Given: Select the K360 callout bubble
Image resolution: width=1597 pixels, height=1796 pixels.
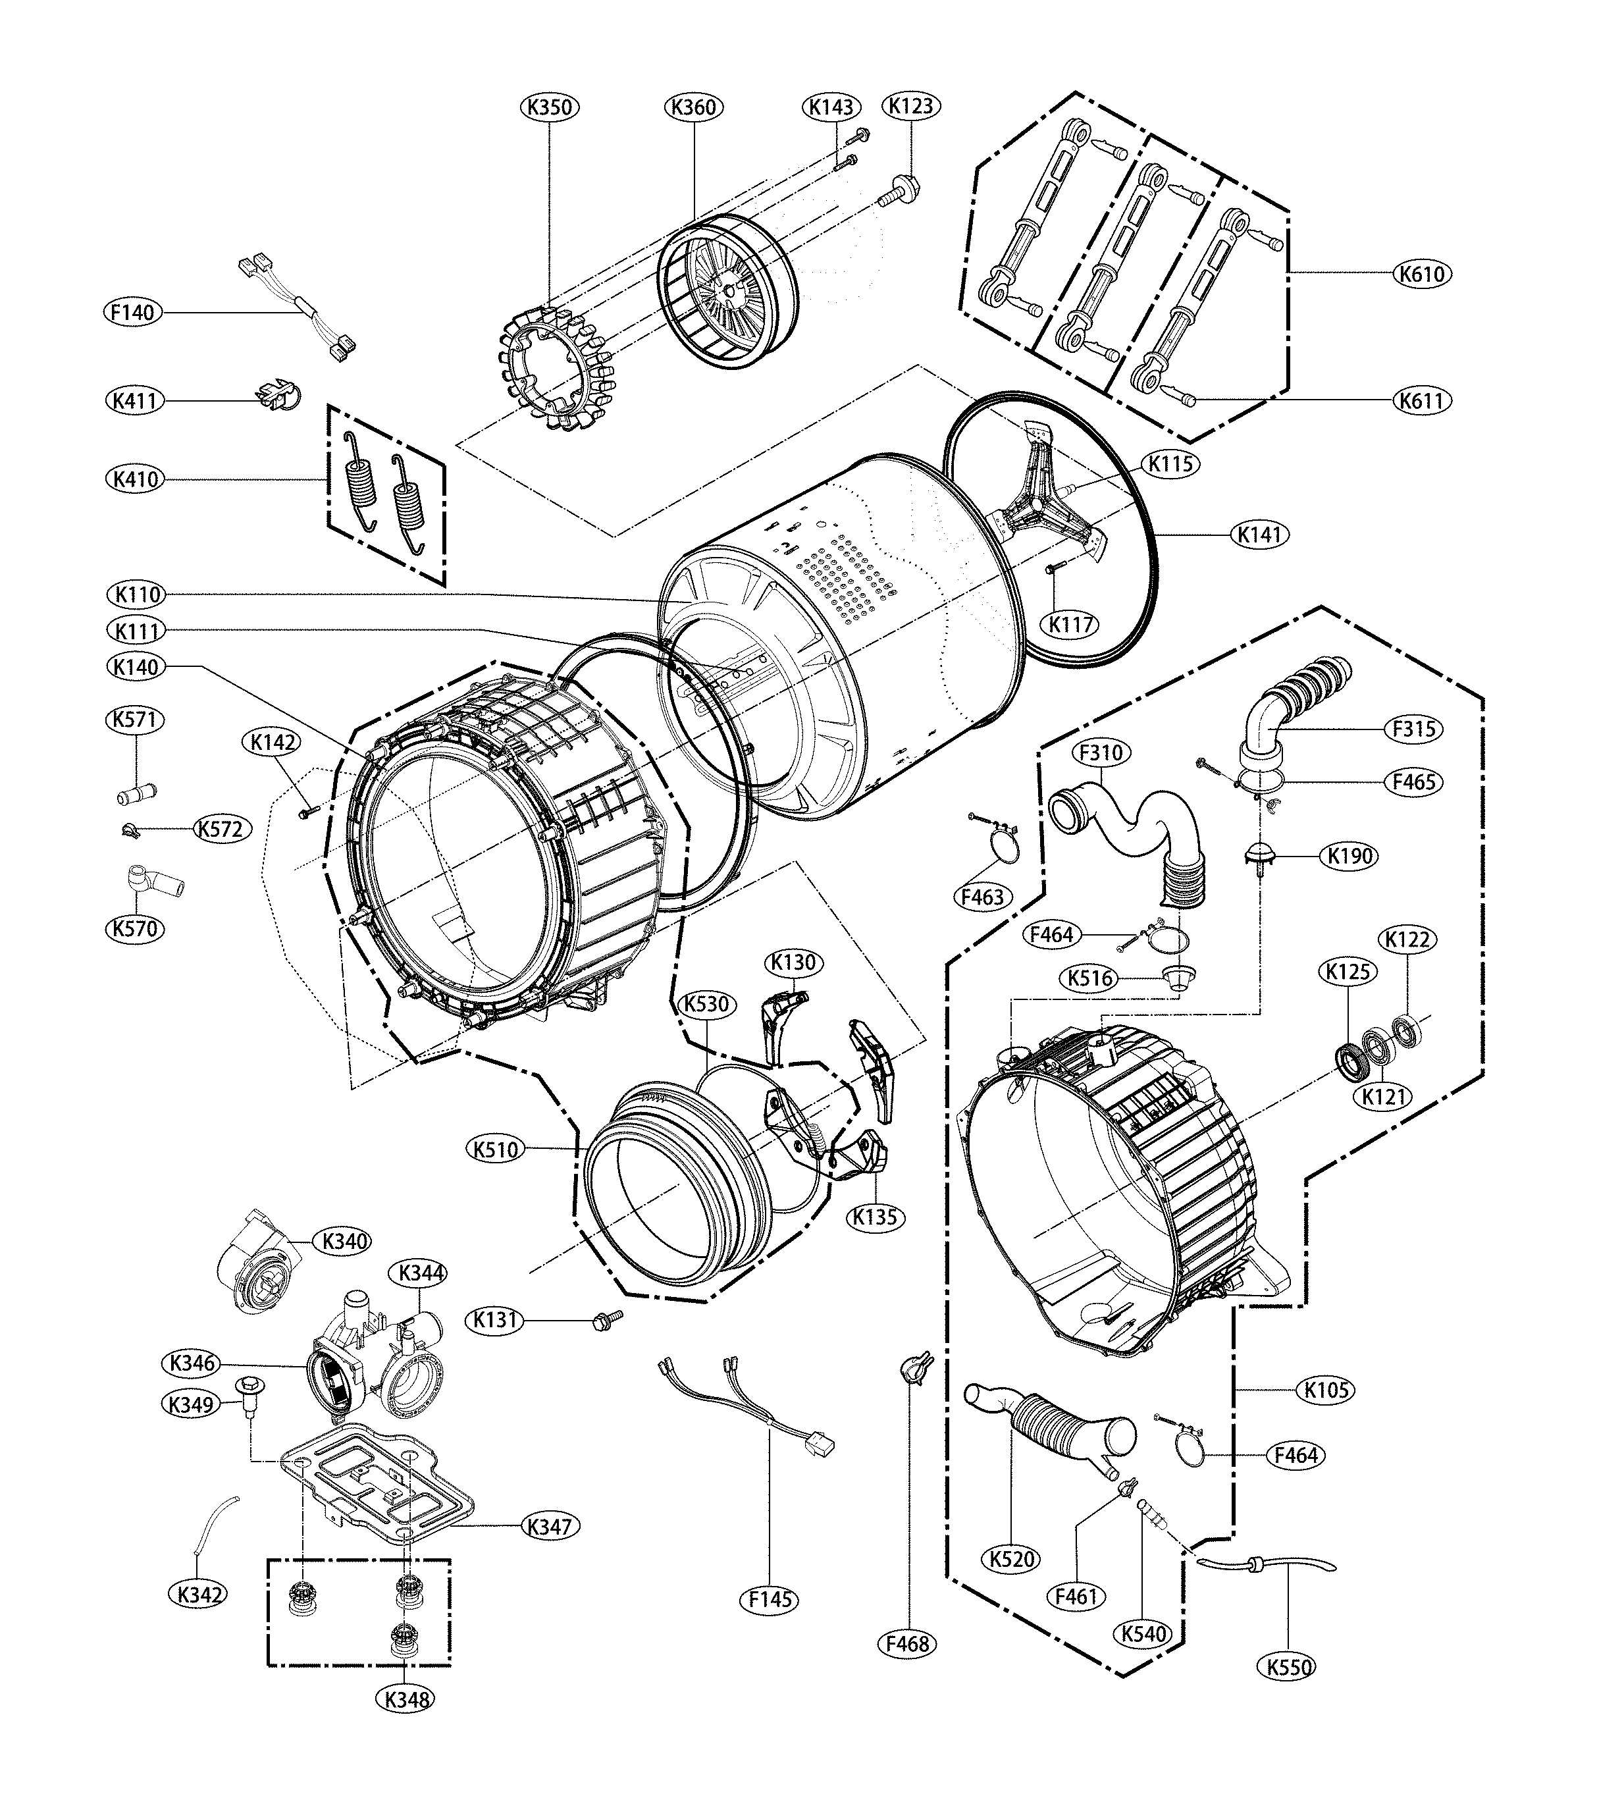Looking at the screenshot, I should point(693,107).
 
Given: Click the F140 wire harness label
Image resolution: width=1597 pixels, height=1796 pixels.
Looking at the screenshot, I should point(132,312).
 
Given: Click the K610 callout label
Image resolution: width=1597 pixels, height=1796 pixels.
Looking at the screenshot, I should point(1422,274).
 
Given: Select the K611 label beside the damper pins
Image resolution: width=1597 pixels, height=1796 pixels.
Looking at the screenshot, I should point(1421,401).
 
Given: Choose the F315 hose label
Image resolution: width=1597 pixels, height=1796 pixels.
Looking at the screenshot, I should point(1413,728).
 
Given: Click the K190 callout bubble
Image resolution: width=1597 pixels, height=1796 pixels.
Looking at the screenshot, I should point(1350,855).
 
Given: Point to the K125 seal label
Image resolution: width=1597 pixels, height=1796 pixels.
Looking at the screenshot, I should point(1348,972).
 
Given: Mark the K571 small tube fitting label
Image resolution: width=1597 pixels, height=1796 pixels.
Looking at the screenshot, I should point(136,720).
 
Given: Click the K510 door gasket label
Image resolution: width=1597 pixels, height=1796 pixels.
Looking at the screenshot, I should point(496,1149).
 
